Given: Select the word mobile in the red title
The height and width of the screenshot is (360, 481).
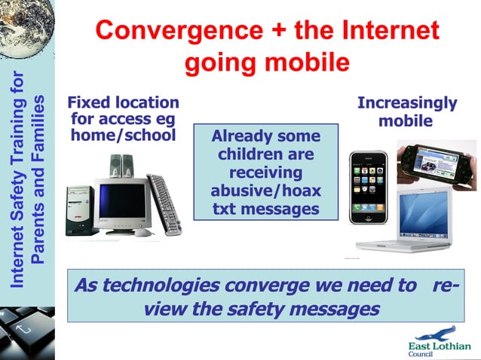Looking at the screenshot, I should (x=305, y=63).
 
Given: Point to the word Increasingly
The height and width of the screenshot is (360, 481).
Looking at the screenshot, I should (x=407, y=103).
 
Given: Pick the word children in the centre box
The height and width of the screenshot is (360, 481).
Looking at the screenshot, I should (x=265, y=154).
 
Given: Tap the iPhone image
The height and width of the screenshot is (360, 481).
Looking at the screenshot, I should (x=369, y=188).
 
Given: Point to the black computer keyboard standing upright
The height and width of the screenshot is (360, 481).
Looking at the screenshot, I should (x=164, y=203).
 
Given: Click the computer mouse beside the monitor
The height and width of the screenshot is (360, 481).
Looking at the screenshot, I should (x=142, y=233).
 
